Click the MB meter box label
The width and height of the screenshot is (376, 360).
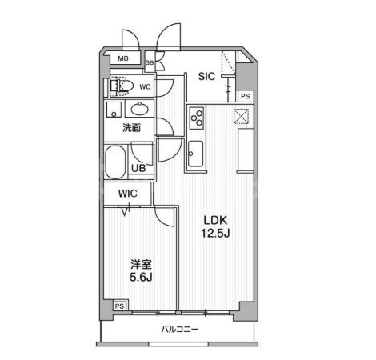tap(123, 58)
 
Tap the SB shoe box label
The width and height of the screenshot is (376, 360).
tap(150, 63)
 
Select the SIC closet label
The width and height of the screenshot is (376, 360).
tap(206, 77)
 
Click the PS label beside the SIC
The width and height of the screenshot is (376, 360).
tap(246, 96)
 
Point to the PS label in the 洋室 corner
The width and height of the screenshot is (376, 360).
tap(119, 306)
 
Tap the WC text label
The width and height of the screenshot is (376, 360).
tap(146, 86)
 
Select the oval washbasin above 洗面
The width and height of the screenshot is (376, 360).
tap(139, 109)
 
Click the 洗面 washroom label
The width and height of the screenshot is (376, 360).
tap(131, 128)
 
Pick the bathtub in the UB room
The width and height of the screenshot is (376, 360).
tap(115, 162)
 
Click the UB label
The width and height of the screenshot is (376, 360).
tap(138, 168)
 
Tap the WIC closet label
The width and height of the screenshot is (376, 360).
tap(128, 194)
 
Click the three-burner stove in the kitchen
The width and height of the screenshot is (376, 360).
tap(197, 118)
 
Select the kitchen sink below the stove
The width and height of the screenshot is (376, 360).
tap(196, 154)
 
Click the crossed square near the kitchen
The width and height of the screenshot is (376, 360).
tap(242, 117)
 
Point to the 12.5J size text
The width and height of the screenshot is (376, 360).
tap(215, 234)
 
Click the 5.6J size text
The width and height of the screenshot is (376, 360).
tap(141, 278)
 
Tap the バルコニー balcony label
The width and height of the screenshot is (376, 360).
tap(180, 330)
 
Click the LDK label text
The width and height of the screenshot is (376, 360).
tap(215, 221)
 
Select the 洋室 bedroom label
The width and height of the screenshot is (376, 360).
tap(141, 265)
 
